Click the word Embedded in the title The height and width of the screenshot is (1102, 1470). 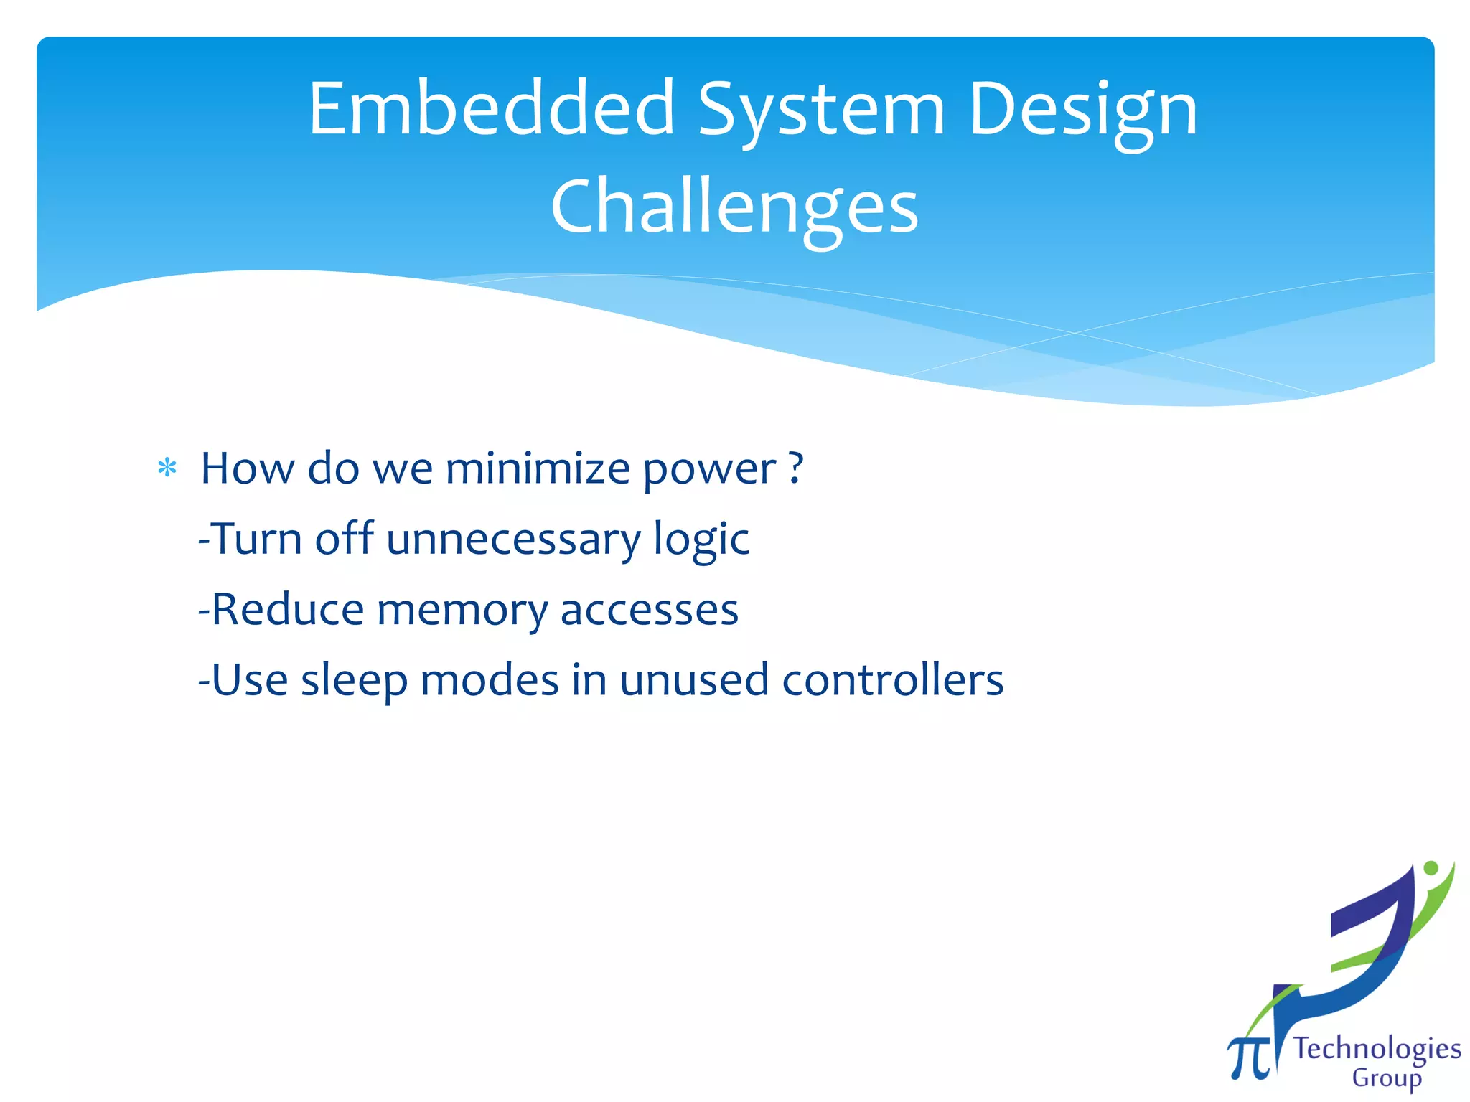492,109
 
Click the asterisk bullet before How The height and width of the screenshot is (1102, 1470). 167,469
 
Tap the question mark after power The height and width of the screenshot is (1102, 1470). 795,468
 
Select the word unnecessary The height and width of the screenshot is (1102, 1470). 513,540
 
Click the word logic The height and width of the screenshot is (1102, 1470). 701,540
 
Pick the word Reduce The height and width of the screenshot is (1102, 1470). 288,610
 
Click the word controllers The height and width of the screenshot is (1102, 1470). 892,680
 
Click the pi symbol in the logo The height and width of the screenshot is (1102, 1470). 1247,1057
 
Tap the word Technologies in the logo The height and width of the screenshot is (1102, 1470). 1377,1049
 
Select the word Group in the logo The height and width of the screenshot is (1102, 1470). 1386,1078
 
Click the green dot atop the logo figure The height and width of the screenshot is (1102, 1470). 1431,868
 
